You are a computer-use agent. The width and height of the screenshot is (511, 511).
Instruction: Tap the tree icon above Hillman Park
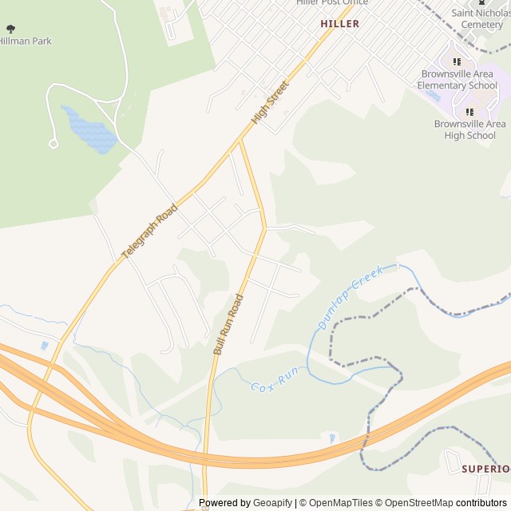[x=10, y=29]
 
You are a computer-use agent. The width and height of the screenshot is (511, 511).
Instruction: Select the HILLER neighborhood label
[x=339, y=24]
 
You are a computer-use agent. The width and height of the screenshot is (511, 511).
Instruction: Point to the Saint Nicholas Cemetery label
[x=477, y=18]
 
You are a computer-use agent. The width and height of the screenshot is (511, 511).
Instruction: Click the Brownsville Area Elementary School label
[x=459, y=80]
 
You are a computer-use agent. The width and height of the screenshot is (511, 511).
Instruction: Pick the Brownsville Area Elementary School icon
[x=458, y=61]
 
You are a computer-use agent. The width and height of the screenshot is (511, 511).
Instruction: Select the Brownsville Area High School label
[x=470, y=129]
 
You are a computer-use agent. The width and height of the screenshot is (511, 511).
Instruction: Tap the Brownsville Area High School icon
[x=469, y=112]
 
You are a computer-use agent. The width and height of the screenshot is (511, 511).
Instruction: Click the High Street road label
[x=269, y=102]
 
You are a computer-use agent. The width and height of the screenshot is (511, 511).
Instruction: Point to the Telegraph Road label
[x=149, y=232]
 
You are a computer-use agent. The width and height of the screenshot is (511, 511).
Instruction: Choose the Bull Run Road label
[x=228, y=323]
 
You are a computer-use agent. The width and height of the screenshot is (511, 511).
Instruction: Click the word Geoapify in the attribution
[x=273, y=503]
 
